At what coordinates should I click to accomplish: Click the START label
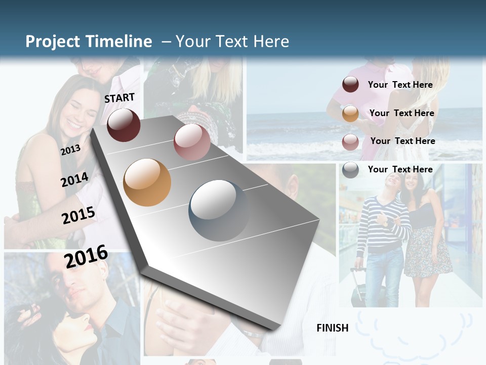[x=119, y=98]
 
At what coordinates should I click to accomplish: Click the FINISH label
[x=332, y=328]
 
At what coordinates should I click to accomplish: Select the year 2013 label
[x=70, y=150]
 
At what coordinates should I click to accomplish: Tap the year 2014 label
[x=75, y=179]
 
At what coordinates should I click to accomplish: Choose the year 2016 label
[x=86, y=257]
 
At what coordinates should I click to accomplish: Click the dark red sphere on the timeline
[x=124, y=125]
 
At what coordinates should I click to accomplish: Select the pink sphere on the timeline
[x=192, y=141]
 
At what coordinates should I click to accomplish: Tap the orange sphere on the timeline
[x=147, y=182]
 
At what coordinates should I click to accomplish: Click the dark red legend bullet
[x=350, y=85]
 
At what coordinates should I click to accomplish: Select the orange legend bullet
[x=350, y=114]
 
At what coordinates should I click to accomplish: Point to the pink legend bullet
[x=350, y=142]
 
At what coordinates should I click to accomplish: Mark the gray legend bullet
[x=350, y=170]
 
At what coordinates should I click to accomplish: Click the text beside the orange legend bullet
[x=401, y=113]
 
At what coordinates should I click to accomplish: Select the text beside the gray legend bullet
[x=400, y=169]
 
